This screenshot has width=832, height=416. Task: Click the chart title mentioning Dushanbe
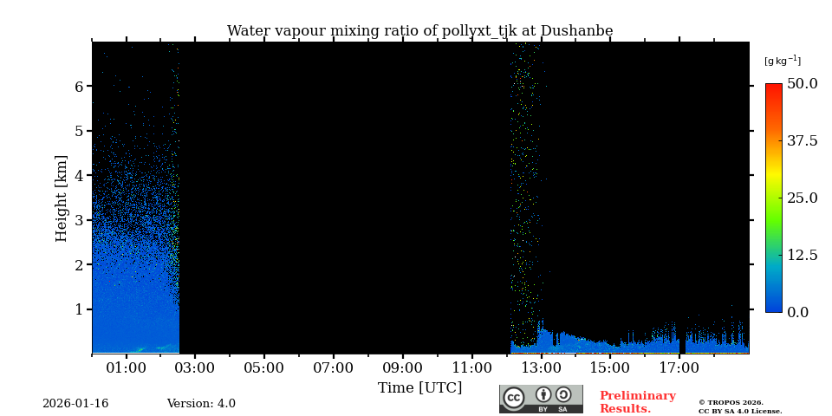pos(419,31)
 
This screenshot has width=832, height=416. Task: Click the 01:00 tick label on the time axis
pos(126,368)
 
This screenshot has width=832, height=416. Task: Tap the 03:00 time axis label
pos(195,368)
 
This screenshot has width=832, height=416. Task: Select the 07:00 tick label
pos(333,368)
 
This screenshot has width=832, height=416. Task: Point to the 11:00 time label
pos(471,368)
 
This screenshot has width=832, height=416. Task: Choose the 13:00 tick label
pos(541,368)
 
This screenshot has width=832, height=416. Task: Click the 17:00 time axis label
pos(679,368)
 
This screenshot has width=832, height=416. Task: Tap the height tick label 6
pos(78,87)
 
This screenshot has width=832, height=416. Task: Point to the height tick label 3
pos(78,220)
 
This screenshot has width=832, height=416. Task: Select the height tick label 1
pos(78,309)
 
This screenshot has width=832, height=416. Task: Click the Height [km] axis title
pos(62,198)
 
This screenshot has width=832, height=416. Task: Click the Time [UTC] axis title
pos(419,387)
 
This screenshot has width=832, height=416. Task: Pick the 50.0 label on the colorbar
pos(802,84)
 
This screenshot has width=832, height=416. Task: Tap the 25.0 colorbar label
pos(802,198)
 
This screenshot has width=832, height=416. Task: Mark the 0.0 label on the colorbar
pos(797,312)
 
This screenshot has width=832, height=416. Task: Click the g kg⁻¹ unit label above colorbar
pos(782,61)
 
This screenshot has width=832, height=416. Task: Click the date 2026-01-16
pos(75,404)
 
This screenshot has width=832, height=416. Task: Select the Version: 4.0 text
pos(201,404)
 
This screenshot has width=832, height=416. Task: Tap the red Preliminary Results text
pos(637,402)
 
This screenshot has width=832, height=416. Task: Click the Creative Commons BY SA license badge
pos(541,399)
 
